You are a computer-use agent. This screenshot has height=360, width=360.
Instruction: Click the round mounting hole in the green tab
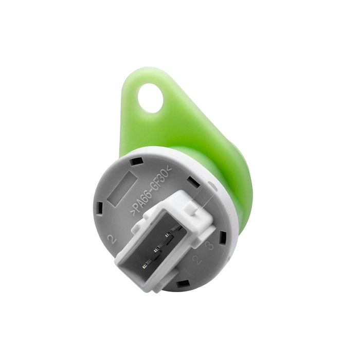point(150,98)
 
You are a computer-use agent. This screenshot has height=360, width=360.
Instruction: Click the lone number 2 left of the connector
point(112,239)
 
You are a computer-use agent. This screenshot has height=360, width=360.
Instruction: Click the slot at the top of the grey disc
point(136,161)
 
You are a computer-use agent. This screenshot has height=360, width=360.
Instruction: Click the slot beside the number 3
point(222,237)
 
